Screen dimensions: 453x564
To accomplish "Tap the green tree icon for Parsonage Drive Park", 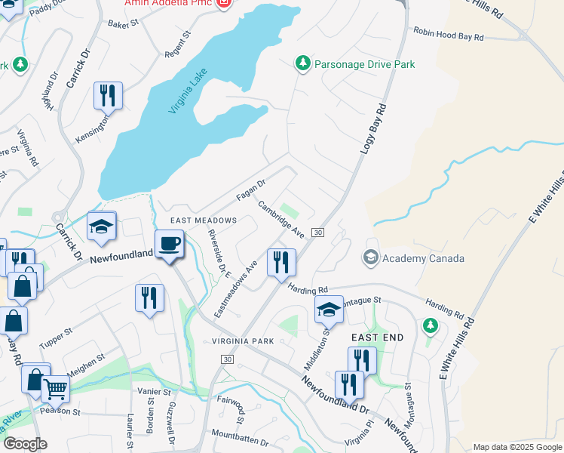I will click(303, 64).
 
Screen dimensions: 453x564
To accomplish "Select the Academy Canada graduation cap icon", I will click(370, 258).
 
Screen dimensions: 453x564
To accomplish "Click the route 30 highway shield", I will click(318, 233).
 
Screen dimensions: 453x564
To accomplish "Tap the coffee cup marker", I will click(169, 245).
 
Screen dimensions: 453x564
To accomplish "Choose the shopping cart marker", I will click(55, 390).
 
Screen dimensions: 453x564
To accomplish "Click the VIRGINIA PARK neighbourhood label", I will click(242, 341).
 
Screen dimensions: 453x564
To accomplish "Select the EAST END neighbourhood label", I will click(375, 337).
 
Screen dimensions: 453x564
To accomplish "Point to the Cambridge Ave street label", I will click(280, 219).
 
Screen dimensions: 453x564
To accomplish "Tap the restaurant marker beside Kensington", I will click(108, 96).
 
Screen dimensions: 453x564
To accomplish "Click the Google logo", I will click(25, 444).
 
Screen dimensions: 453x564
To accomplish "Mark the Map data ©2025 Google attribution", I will click(517, 447).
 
